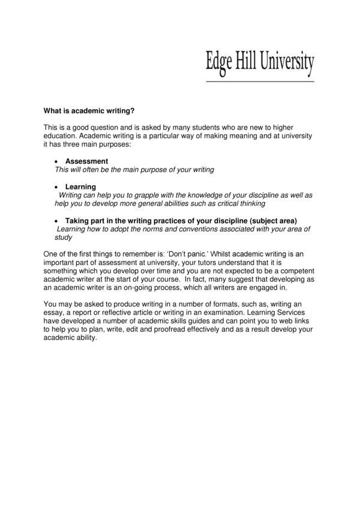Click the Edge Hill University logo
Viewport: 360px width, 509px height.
(260, 62)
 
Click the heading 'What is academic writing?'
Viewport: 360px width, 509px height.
(89, 111)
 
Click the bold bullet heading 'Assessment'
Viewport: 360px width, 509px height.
(86, 162)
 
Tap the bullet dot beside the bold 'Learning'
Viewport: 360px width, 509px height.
(56, 188)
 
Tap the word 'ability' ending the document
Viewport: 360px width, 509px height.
(84, 338)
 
